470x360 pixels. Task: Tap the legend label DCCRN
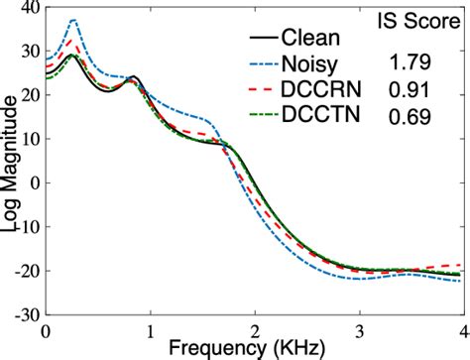325,92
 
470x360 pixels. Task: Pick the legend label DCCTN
325,117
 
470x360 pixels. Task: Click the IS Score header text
423,19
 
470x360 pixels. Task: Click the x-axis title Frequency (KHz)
255,348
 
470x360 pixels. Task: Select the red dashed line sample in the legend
264,92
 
